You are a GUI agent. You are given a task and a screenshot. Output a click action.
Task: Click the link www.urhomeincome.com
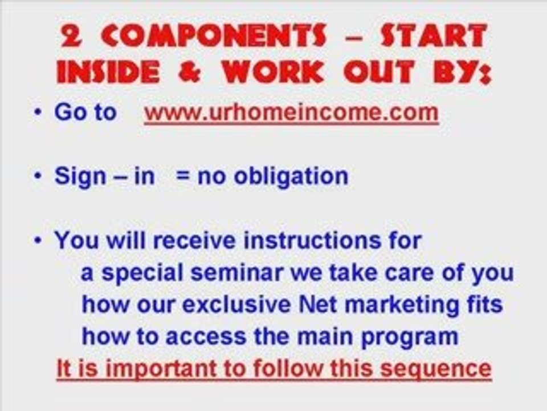pyautogui.click(x=291, y=112)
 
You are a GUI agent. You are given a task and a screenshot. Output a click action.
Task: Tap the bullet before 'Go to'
pyautogui.click(x=38, y=112)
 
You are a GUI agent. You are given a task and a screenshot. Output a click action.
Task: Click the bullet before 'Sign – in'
pyautogui.click(x=38, y=176)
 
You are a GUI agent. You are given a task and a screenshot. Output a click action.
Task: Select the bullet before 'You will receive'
pyautogui.click(x=38, y=240)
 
